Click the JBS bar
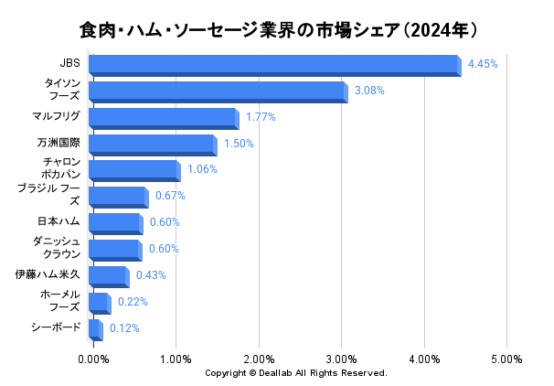coord(274,64)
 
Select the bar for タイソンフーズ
coord(218,91)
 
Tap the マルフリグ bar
coord(163,117)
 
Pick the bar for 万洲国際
coord(152,144)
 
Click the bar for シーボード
coord(95,328)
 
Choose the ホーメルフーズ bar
coord(99,302)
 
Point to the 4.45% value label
coord(482,64)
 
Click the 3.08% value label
coord(368,91)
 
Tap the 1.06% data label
coord(202,169)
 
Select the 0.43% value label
coord(151,275)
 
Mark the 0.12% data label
coord(124,328)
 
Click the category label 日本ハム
coord(59,221)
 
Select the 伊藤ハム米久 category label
coord(48,274)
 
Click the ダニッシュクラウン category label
coord(57,247)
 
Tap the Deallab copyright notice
coord(295,373)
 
